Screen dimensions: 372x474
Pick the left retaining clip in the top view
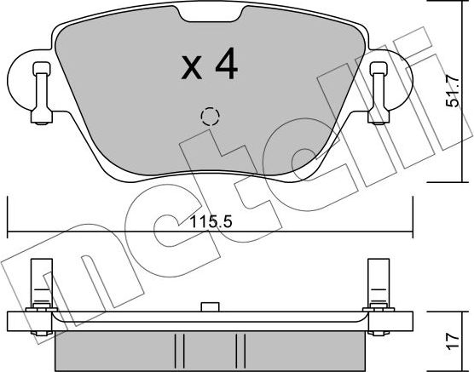click(x=39, y=91)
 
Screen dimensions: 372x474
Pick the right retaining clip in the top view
click(x=377, y=91)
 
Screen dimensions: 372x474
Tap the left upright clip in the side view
click(x=38, y=285)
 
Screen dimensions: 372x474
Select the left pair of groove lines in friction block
click(x=177, y=350)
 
